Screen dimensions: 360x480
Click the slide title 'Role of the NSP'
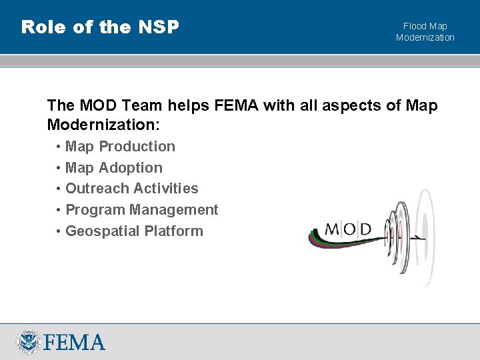(100, 27)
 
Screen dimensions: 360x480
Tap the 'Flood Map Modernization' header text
(425, 32)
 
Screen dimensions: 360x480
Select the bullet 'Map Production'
(120, 147)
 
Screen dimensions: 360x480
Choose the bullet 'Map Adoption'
(113, 168)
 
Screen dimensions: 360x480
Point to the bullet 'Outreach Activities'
(131, 189)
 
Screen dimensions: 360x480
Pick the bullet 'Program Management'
(141, 210)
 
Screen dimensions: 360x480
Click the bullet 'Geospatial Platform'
(134, 231)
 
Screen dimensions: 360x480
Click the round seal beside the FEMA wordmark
(29, 342)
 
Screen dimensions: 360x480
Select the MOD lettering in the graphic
(348, 229)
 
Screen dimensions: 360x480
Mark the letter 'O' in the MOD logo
(348, 229)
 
